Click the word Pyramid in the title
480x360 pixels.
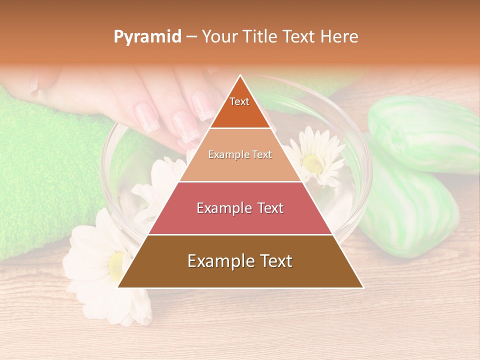147,37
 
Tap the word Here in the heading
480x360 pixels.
339,36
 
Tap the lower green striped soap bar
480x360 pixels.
410,215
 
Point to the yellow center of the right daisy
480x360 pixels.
313,162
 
